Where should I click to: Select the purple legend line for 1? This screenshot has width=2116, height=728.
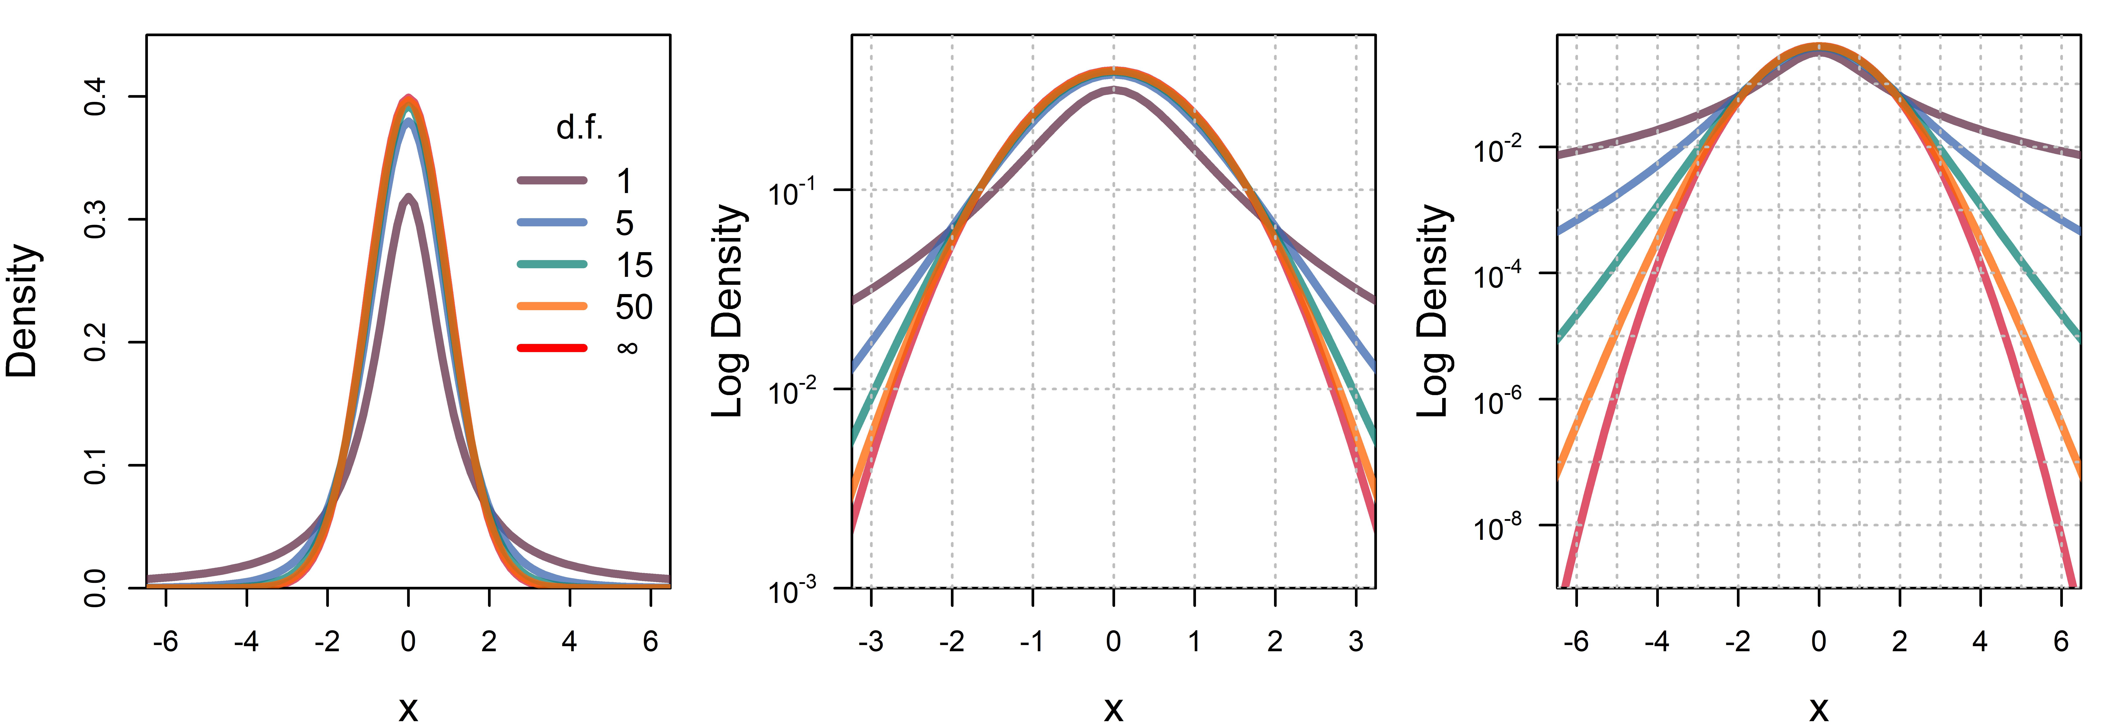(552, 180)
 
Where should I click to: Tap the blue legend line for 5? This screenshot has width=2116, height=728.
(552, 222)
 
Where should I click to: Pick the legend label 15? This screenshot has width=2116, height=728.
(634, 265)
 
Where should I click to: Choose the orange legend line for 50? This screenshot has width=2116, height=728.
(552, 306)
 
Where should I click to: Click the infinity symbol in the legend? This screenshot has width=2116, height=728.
(627, 348)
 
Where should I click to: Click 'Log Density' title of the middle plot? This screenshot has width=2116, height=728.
(728, 311)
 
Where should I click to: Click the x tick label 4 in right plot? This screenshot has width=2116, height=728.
(1980, 641)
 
